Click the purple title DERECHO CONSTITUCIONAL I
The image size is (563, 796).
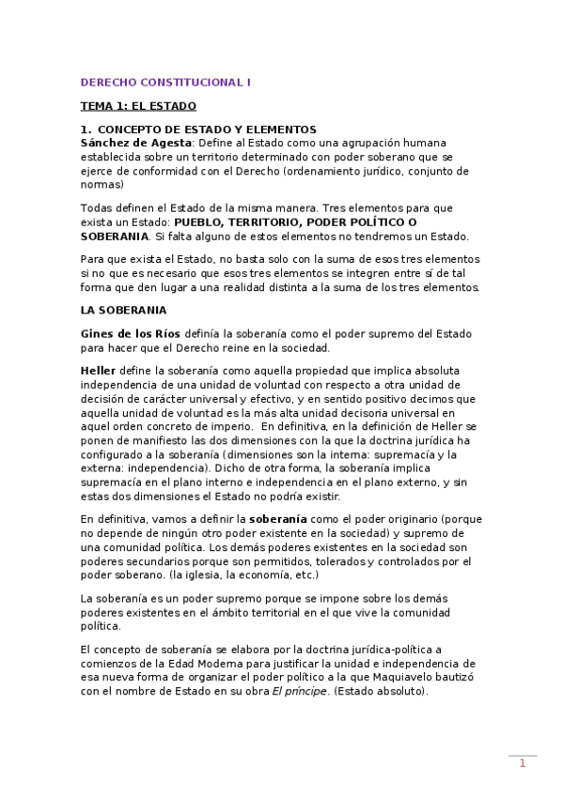(x=165, y=83)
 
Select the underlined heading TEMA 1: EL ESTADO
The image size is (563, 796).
(x=138, y=107)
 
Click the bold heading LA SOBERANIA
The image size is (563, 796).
(x=123, y=309)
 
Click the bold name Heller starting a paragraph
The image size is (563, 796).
(x=98, y=371)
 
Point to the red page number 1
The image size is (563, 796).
(x=523, y=764)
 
